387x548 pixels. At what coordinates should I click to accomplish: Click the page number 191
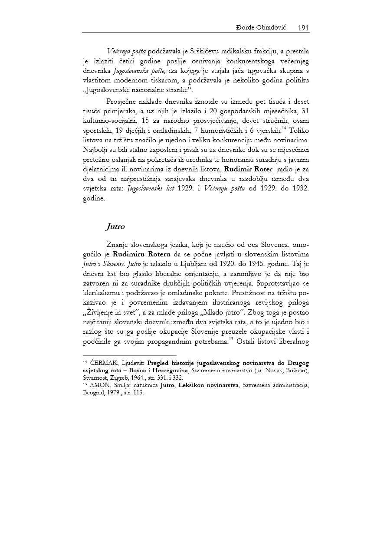pos(303,28)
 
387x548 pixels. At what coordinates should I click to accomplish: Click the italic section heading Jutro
pos(115,226)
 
